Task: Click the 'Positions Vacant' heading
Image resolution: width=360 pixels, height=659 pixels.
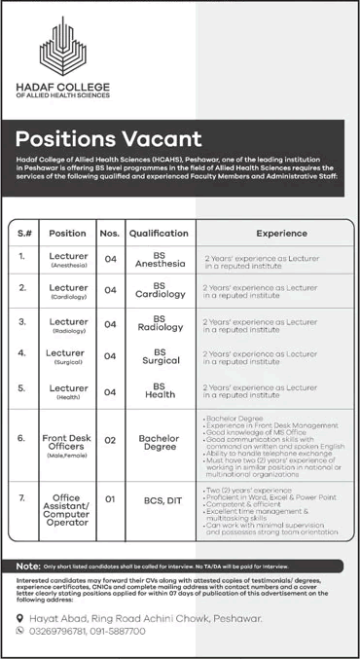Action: click(x=109, y=138)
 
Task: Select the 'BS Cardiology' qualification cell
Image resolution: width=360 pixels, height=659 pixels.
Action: click(x=159, y=290)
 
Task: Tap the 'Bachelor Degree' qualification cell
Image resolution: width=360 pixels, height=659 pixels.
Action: click(x=159, y=444)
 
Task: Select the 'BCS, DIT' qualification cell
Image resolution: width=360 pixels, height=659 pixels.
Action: click(x=159, y=499)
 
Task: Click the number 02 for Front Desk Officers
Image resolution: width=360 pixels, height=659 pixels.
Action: click(x=110, y=441)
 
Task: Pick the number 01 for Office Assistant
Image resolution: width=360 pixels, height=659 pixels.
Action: click(x=110, y=499)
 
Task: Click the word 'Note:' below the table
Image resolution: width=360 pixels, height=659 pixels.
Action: click(x=27, y=566)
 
